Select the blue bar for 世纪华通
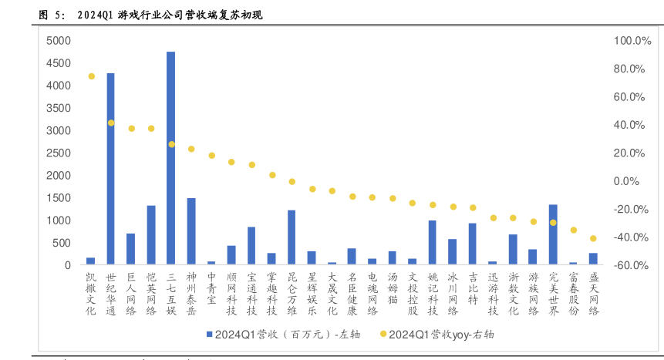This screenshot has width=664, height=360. [111, 169]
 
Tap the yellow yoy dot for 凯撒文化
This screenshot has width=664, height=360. [91, 76]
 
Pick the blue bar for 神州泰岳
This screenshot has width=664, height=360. [191, 231]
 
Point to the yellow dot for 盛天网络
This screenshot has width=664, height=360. [593, 238]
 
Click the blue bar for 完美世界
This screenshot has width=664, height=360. [553, 234]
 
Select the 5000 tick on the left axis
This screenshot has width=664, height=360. [58, 41]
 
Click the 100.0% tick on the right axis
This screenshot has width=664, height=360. [627, 41]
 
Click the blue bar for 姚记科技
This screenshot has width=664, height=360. [433, 243]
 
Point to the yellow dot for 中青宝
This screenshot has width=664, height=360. [211, 156]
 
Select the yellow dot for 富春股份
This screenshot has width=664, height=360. [573, 230]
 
